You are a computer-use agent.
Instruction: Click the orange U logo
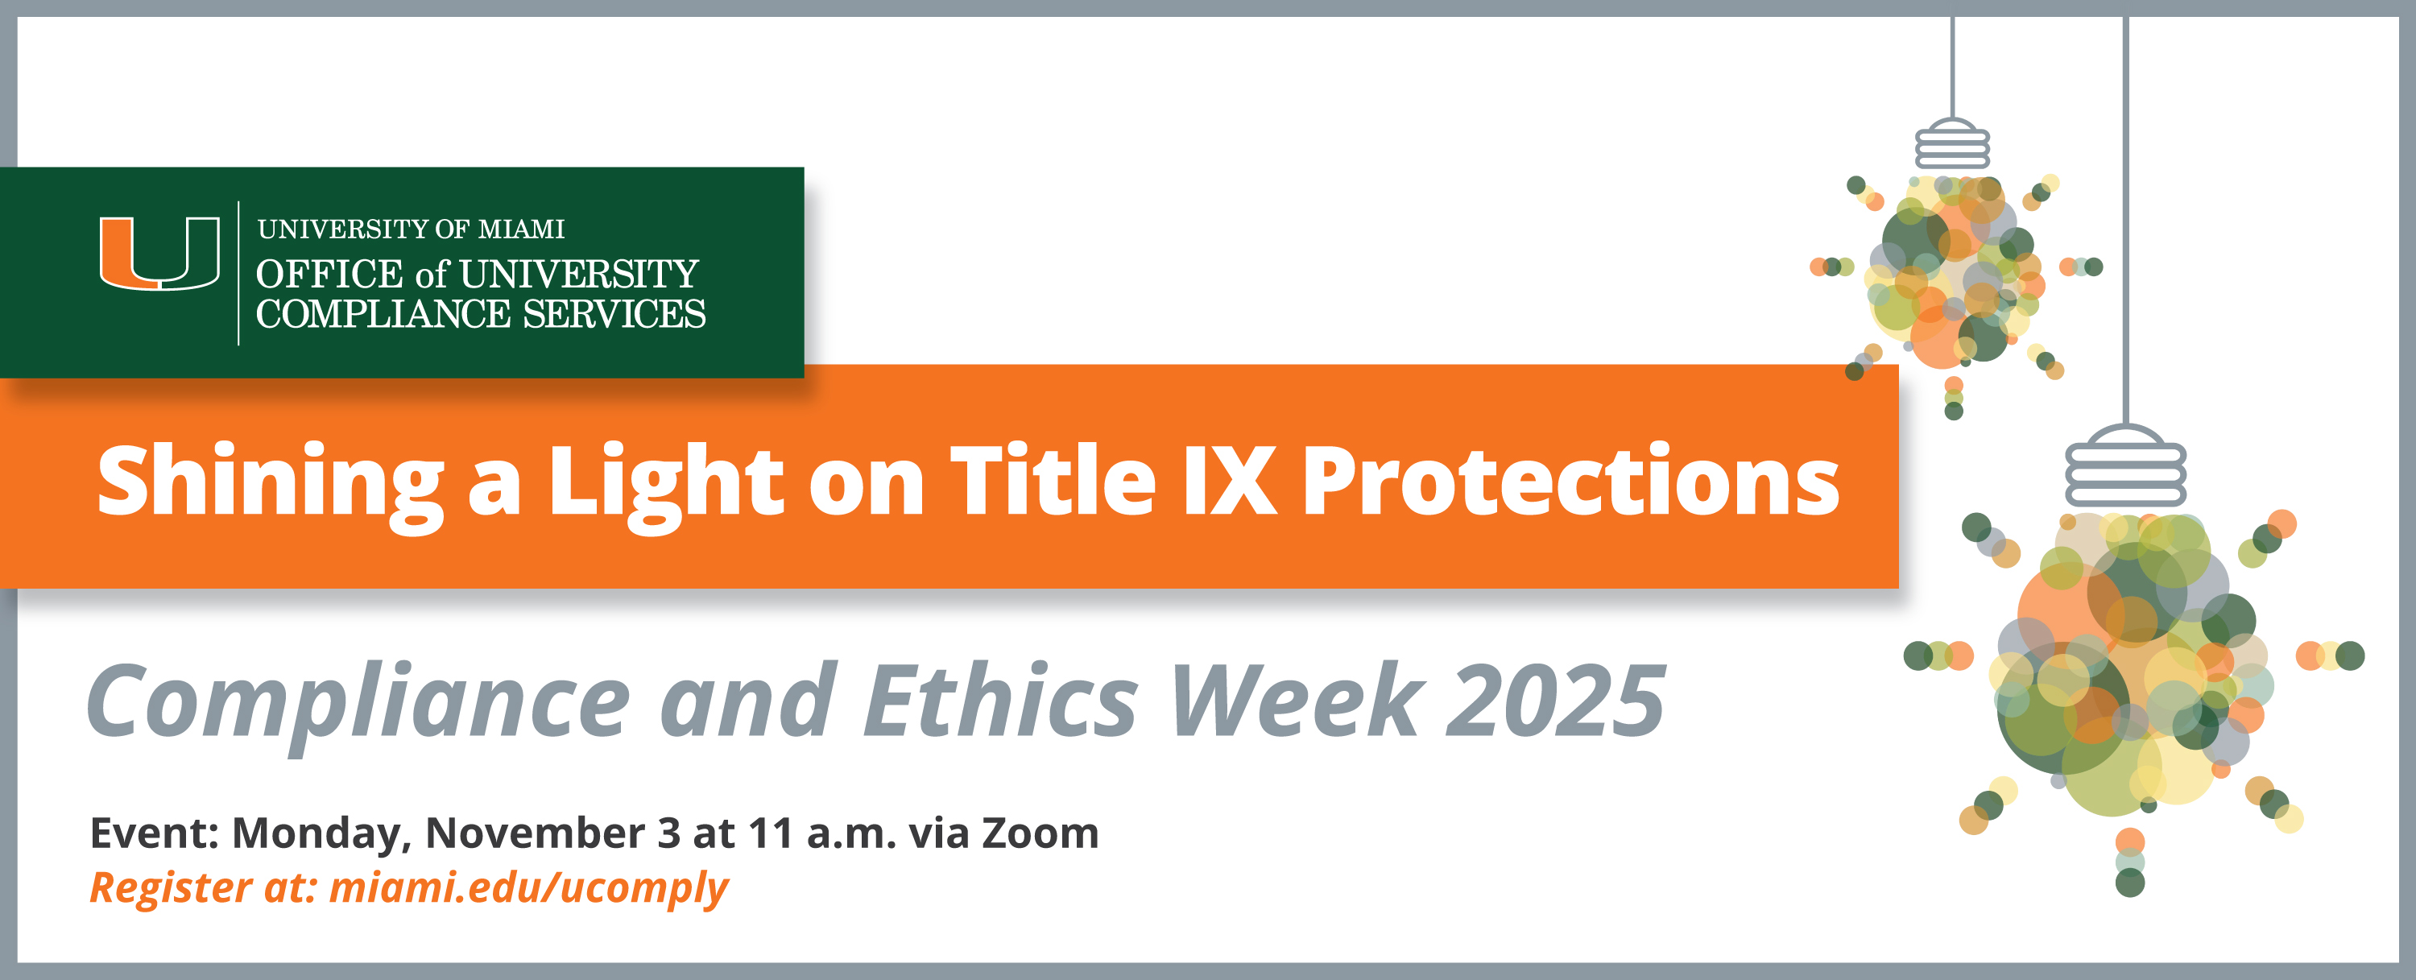(159, 253)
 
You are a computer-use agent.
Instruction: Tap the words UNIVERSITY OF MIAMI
(411, 229)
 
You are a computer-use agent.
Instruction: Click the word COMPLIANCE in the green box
(383, 314)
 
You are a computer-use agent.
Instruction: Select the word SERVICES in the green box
(614, 314)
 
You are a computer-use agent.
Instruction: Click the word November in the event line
(540, 833)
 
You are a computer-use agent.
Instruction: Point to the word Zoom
(1040, 833)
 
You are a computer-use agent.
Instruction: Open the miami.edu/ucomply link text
(529, 887)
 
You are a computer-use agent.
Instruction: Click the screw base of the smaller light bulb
(1952, 146)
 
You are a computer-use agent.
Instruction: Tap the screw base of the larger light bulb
(2125, 467)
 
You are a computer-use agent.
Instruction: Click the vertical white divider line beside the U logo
(238, 273)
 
